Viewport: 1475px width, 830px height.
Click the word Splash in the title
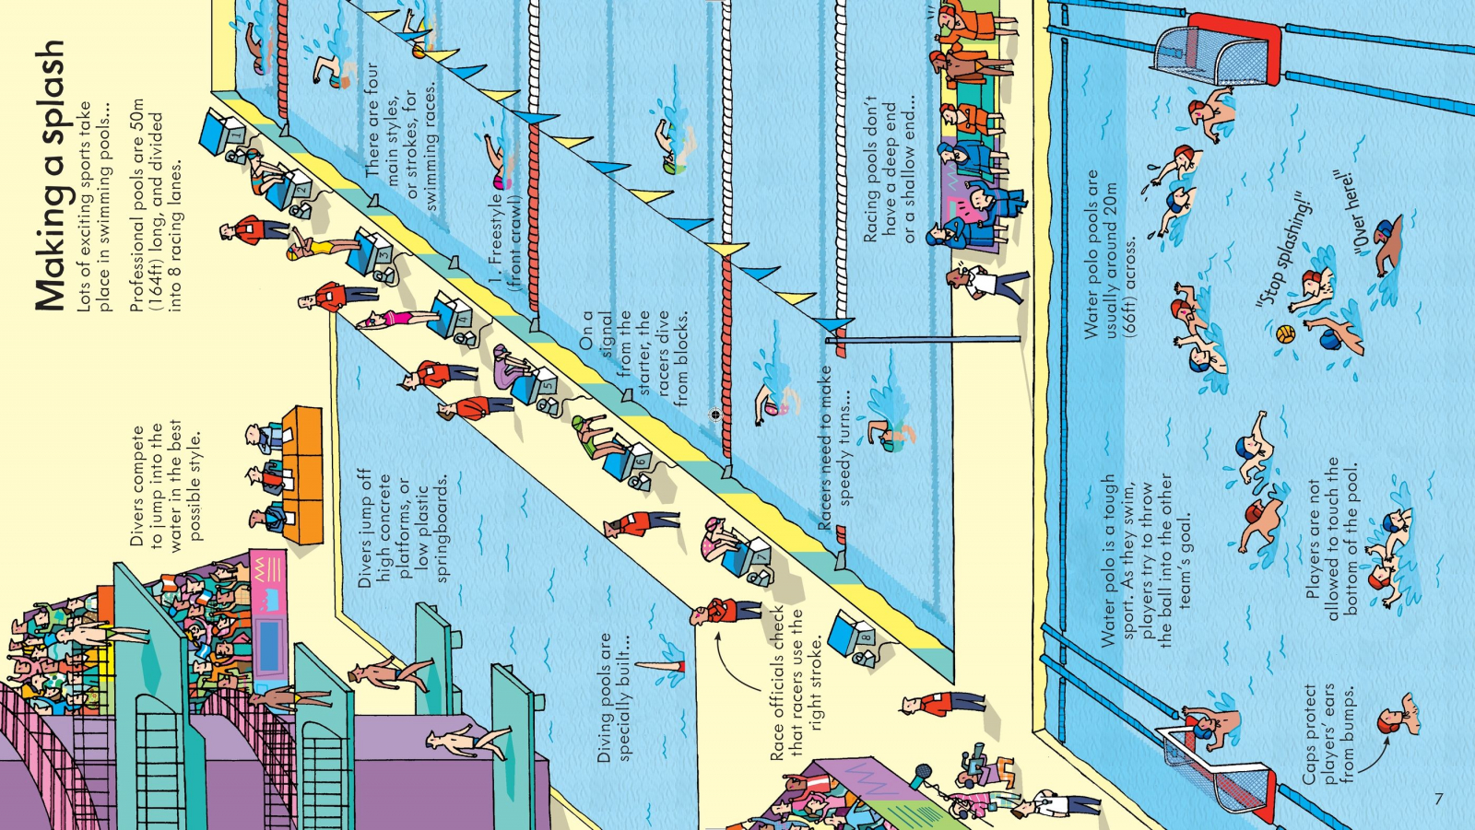click(x=51, y=97)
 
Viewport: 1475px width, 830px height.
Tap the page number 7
click(x=1439, y=799)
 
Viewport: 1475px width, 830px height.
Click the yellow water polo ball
click(x=1285, y=333)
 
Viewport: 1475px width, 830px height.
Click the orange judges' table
click(x=302, y=474)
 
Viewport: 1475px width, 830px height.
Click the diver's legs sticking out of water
click(x=662, y=666)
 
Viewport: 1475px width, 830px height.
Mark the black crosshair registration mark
click(x=715, y=414)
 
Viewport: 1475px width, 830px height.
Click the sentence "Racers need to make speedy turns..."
click(x=835, y=449)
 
